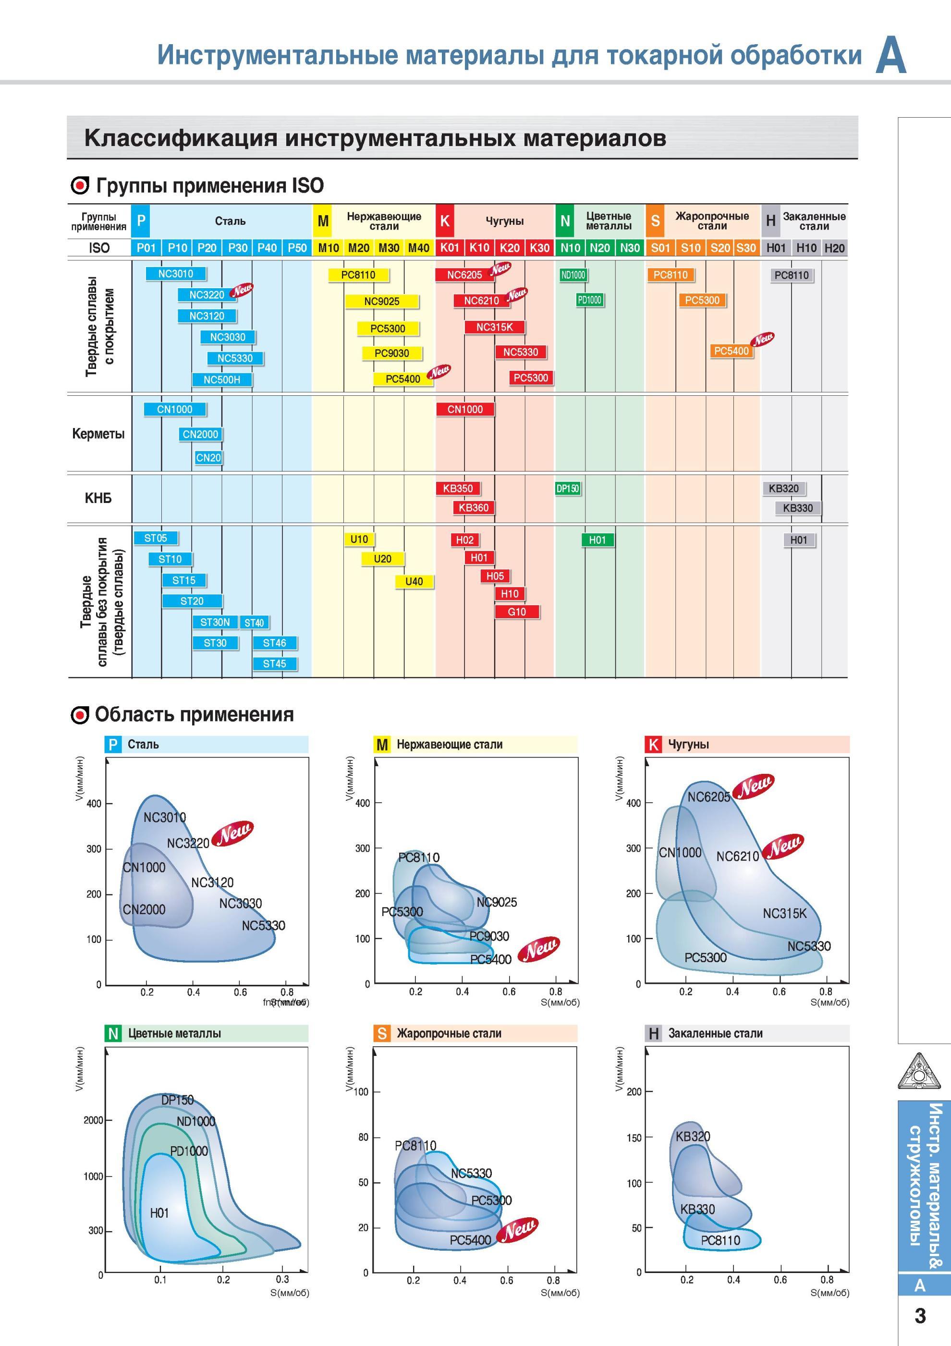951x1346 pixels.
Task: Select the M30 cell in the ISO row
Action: coord(389,248)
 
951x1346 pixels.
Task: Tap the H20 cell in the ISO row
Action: coord(834,248)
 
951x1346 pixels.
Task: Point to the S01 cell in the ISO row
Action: coord(660,248)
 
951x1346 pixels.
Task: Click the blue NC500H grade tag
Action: coord(221,380)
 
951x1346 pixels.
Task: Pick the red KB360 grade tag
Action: coord(473,508)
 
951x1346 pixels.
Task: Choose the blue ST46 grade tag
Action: coord(274,643)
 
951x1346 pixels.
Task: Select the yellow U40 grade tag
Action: coord(414,582)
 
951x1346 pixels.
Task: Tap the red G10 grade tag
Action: coord(516,612)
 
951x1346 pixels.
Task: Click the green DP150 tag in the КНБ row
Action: coord(568,489)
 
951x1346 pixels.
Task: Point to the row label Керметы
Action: coord(98,434)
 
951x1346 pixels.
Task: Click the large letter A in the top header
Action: coord(890,55)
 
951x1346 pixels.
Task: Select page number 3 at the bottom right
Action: coord(920,1316)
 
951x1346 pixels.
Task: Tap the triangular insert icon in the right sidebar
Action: coord(919,1071)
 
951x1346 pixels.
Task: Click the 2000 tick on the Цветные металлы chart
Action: coord(93,1120)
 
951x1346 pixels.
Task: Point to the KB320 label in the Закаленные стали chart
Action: coord(693,1137)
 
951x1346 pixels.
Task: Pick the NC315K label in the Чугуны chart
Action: coord(784,913)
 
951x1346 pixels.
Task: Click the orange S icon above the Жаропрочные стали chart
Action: coord(382,1034)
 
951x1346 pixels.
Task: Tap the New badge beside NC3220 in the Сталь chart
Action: coord(233,833)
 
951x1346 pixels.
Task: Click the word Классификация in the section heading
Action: coord(181,138)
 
